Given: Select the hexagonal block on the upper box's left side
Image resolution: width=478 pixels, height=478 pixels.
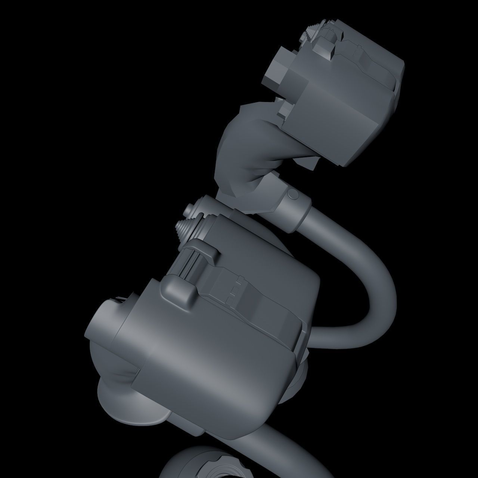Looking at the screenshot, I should tap(275, 73).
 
